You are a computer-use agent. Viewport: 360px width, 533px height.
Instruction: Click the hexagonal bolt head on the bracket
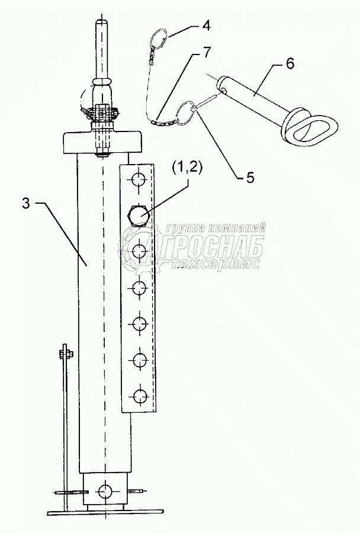pyautogui.click(x=139, y=214)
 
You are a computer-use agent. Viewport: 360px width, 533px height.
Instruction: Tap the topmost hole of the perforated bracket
pyautogui.click(x=139, y=178)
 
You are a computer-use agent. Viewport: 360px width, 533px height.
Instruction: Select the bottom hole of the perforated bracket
pyautogui.click(x=140, y=396)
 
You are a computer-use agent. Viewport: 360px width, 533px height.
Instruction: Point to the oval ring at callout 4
pyautogui.click(x=158, y=40)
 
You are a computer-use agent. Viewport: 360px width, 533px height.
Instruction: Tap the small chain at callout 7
pyautogui.click(x=161, y=123)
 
